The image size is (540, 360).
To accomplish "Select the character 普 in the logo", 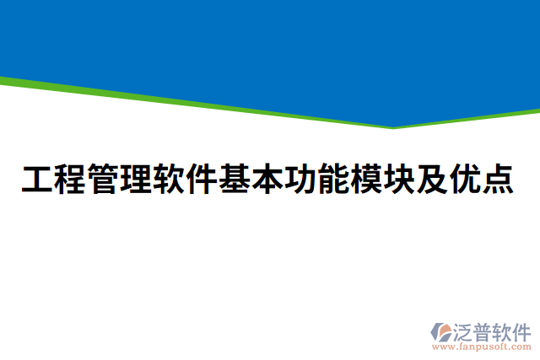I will [486, 330].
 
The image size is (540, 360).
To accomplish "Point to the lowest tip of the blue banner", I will [393, 126].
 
